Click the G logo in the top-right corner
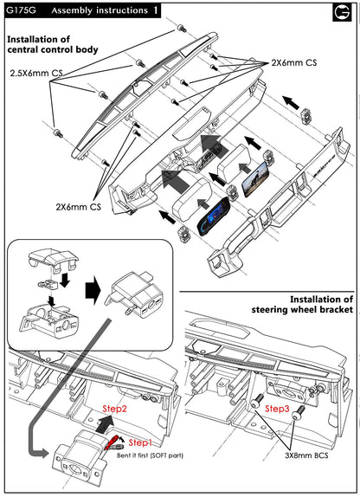point(342,12)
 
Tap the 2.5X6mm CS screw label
point(36,74)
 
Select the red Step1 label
point(140,442)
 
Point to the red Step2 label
point(114,409)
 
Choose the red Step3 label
point(277,409)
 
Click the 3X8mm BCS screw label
point(306,455)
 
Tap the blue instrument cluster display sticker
point(213,216)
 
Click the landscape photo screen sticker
point(255,179)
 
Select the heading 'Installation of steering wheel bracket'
point(302,304)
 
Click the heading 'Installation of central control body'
point(53,44)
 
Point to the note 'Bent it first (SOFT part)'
point(150,455)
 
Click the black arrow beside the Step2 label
point(104,423)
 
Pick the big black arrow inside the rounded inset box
point(93,290)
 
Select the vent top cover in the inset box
point(53,259)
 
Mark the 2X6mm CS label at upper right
point(293,62)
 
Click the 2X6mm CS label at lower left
point(78,207)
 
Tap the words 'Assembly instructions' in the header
point(100,10)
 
